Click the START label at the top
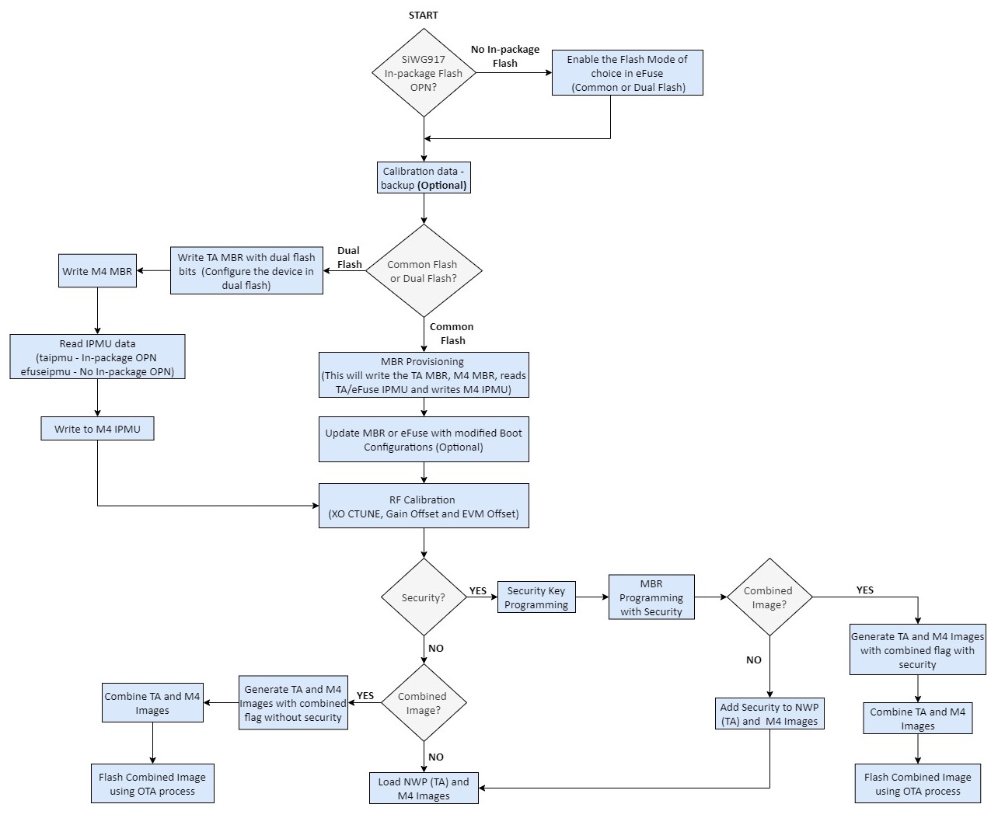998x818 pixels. coord(423,15)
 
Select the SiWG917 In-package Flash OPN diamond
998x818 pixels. coord(424,73)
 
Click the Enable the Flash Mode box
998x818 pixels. coord(627,73)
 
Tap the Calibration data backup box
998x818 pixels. coord(424,178)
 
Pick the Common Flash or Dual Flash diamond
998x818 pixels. coord(424,270)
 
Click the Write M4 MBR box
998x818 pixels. coord(97,271)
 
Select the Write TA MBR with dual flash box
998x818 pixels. coord(246,271)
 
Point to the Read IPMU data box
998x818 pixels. coord(97,357)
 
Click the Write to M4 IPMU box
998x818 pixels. coord(97,429)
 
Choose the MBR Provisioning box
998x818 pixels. coord(424,375)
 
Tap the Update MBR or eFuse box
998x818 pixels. coord(424,440)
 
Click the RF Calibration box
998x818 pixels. coord(424,506)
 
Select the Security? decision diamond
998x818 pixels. coord(424,597)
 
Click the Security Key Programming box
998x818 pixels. coord(536,597)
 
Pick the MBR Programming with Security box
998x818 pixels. coord(651,597)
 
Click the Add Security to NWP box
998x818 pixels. coord(769,714)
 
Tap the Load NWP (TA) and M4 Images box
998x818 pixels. coord(424,788)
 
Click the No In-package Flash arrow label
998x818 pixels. coord(505,56)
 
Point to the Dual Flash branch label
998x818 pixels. coord(349,257)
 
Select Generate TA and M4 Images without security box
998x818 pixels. coord(293,703)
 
